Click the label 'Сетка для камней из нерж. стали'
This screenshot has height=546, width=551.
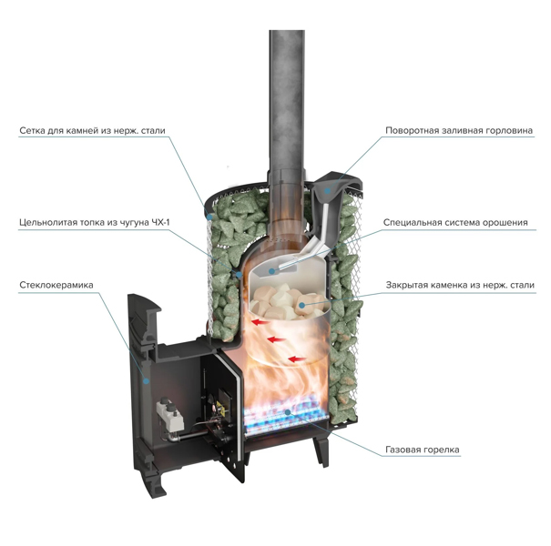(x=92, y=131)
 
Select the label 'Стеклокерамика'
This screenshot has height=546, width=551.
(x=56, y=285)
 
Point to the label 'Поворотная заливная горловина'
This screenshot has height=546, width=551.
(x=459, y=131)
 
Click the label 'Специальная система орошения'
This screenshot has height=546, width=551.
(x=455, y=223)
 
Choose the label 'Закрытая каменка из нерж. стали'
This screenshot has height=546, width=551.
(x=460, y=285)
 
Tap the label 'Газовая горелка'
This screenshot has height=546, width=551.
(x=423, y=450)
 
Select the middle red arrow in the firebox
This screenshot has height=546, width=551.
(x=276, y=339)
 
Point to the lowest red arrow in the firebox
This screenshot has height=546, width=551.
(x=296, y=359)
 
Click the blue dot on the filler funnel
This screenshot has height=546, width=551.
(x=327, y=191)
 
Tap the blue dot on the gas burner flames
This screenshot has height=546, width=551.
(x=288, y=412)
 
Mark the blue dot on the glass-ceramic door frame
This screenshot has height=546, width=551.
(x=146, y=380)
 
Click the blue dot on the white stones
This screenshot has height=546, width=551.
(x=301, y=306)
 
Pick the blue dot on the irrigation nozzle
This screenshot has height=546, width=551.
(x=270, y=270)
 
